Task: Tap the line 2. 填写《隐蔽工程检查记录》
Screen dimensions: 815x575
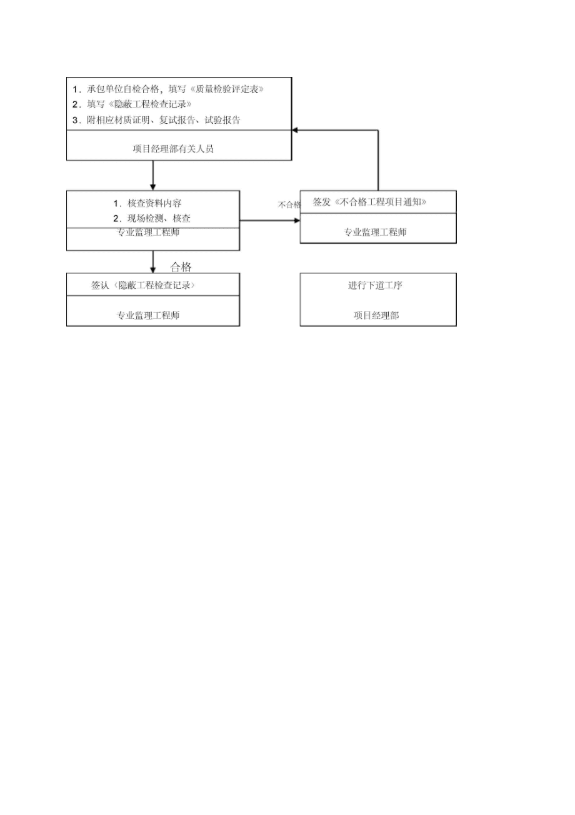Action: (132, 104)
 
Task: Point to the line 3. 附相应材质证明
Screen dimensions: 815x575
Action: (156, 119)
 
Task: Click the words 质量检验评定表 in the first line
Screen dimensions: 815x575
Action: (226, 89)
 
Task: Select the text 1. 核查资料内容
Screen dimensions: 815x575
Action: (147, 203)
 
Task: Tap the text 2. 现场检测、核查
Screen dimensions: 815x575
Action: (152, 218)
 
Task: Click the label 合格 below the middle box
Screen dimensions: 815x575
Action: (181, 267)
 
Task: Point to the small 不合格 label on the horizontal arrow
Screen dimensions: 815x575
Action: (289, 205)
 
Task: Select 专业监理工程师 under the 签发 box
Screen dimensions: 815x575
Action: (376, 232)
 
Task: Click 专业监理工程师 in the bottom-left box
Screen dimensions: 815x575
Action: (149, 316)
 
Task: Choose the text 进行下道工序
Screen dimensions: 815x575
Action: (376, 286)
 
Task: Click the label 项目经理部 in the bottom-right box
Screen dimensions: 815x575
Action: (376, 316)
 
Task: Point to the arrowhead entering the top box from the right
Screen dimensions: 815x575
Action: (296, 130)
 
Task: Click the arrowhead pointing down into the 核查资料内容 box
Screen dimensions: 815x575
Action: (152, 187)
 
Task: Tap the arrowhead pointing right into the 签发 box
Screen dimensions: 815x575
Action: (297, 220)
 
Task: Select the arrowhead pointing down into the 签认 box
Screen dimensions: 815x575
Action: (152, 270)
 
